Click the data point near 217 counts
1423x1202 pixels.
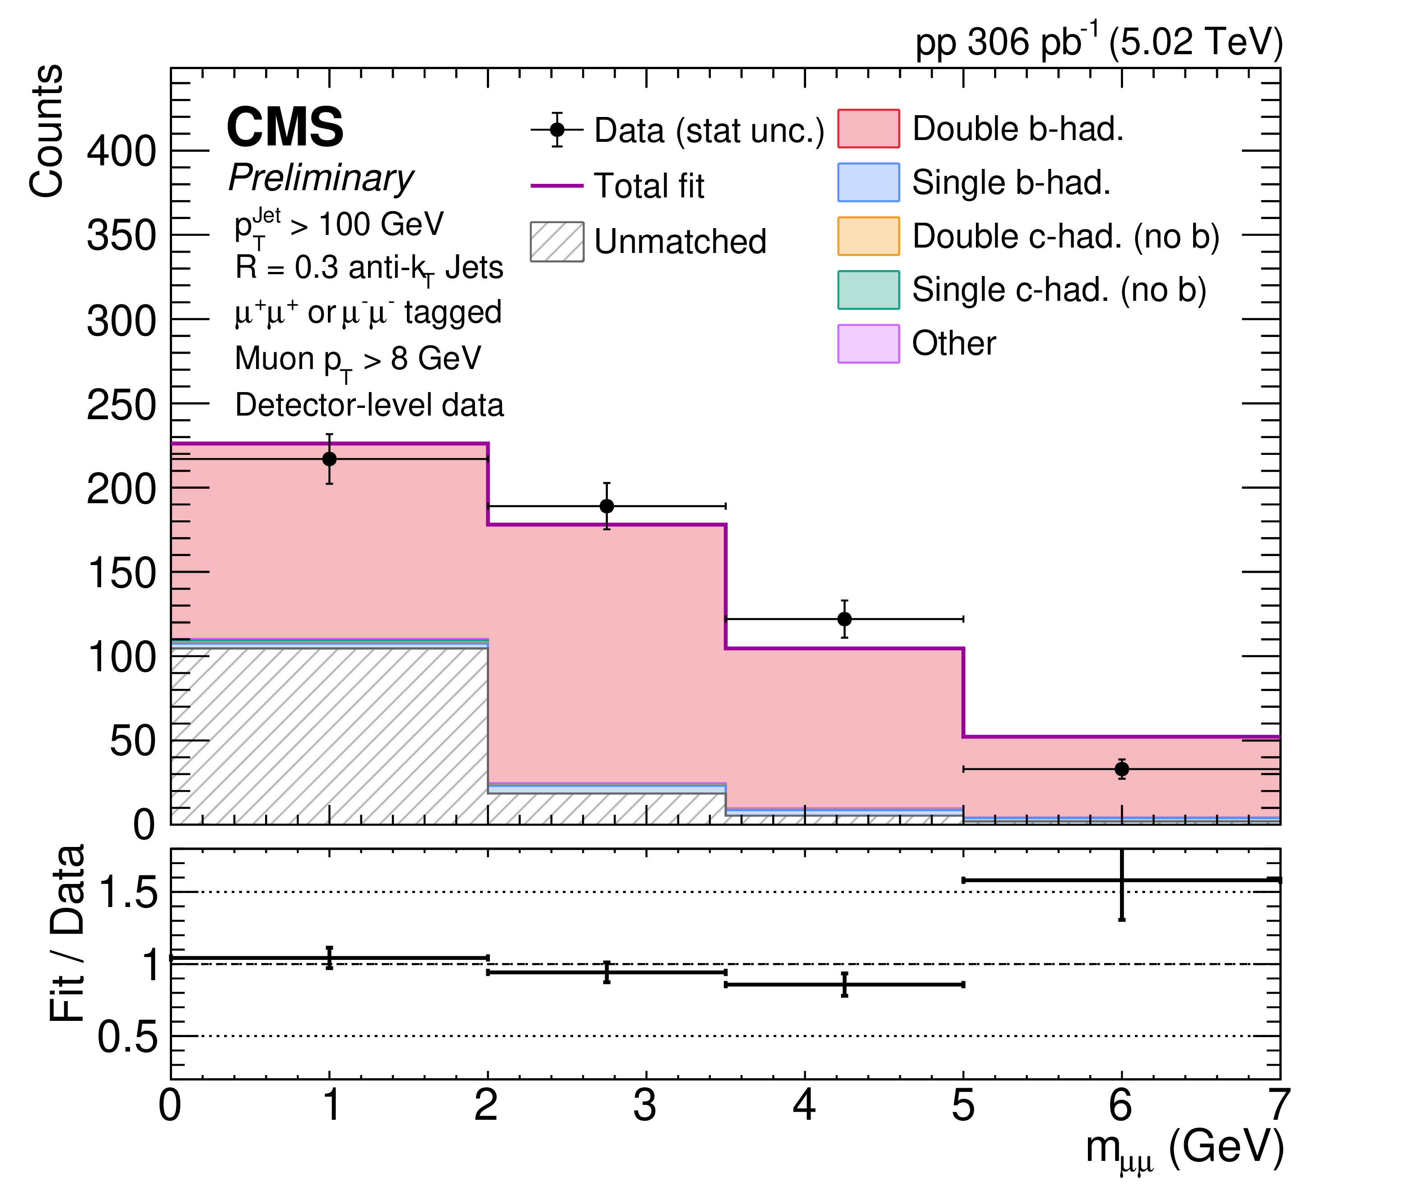tap(329, 458)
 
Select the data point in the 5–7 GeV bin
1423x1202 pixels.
tap(1121, 769)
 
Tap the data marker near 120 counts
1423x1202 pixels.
tap(844, 619)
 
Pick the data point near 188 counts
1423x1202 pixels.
tap(606, 505)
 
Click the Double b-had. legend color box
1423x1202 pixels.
tap(868, 128)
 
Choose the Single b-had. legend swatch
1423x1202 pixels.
tap(868, 182)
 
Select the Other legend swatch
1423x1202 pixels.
tap(868, 343)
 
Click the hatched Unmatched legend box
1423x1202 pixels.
tap(557, 241)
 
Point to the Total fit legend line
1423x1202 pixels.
tap(557, 185)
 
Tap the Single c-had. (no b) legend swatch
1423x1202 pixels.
tap(868, 290)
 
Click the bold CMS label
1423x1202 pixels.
tap(285, 127)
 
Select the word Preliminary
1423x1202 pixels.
tap(321, 178)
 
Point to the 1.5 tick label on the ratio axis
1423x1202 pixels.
tap(128, 891)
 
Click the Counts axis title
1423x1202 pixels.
tap(47, 131)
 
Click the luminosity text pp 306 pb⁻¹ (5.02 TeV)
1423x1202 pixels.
tap(1099, 41)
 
